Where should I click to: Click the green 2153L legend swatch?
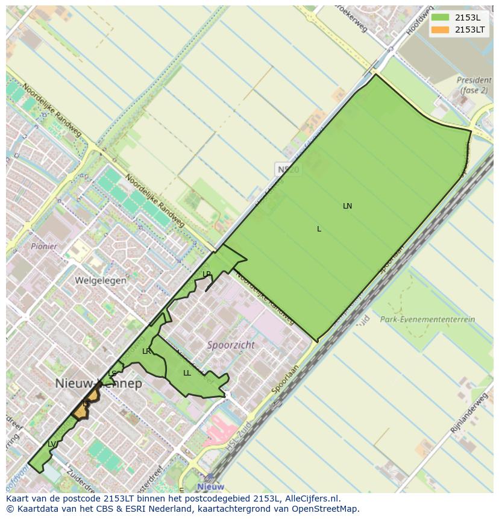(440, 17)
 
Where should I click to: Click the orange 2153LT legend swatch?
(440, 30)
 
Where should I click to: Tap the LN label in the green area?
(347, 206)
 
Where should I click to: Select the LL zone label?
(187, 373)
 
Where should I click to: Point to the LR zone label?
(146, 351)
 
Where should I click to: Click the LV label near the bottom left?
(52, 444)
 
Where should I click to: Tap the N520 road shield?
(287, 169)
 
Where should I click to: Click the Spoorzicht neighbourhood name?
(231, 345)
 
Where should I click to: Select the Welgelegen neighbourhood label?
(101, 280)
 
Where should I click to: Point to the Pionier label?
(45, 247)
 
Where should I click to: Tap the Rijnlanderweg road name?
(469, 413)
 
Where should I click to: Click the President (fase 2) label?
(474, 85)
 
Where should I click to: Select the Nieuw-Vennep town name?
(99, 383)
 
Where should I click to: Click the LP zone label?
(207, 274)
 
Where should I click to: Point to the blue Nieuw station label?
(210, 486)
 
